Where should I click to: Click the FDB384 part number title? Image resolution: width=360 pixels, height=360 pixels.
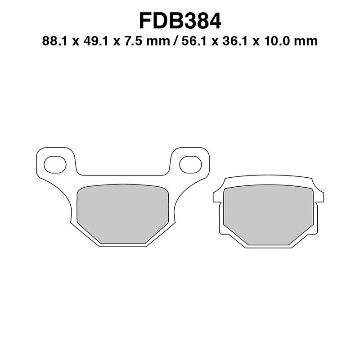[x=180, y=21]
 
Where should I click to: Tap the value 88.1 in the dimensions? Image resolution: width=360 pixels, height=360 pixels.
[x=52, y=42]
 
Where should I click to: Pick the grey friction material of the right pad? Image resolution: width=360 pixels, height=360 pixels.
[x=268, y=215]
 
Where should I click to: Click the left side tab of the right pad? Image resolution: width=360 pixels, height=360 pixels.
[x=216, y=197]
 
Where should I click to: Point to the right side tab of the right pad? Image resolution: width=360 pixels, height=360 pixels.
[x=320, y=197]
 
